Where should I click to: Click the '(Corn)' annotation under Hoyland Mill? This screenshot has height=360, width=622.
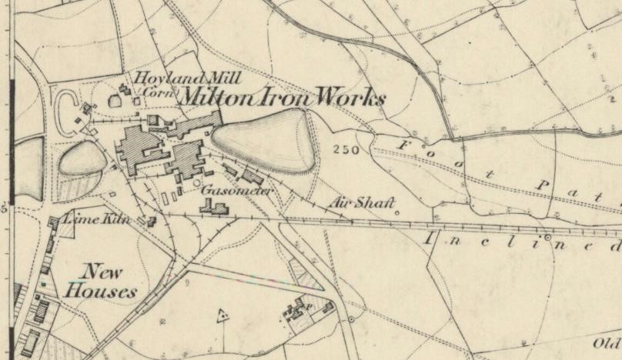(159, 92)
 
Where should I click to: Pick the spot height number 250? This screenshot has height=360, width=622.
(346, 149)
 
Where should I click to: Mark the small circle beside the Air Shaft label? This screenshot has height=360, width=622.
(397, 212)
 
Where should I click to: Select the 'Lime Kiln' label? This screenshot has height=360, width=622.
(94, 220)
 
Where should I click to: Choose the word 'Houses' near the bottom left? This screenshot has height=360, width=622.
(101, 291)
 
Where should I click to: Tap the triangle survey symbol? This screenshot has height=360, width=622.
(223, 315)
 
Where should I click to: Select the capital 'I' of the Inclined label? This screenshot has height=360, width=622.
(429, 238)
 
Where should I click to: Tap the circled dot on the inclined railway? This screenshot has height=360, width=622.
(548, 238)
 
